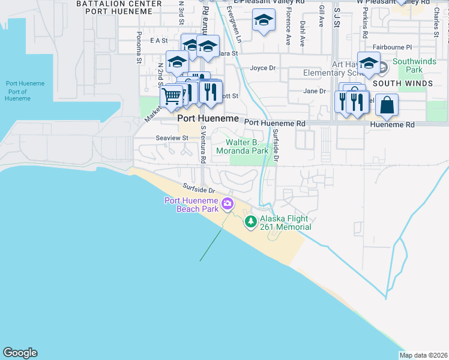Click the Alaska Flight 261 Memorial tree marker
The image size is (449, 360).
coord(250,222)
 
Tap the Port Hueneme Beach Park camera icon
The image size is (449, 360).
coord(228,204)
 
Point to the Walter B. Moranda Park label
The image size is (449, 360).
coord(247,147)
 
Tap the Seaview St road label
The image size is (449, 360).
coord(172,138)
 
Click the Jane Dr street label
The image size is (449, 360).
coord(314,91)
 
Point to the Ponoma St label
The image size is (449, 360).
coord(139,47)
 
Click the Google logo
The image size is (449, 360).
coord(20,353)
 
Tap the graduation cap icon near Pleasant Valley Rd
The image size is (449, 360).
coord(263,21)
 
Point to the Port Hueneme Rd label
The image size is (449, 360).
coord(275,123)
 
